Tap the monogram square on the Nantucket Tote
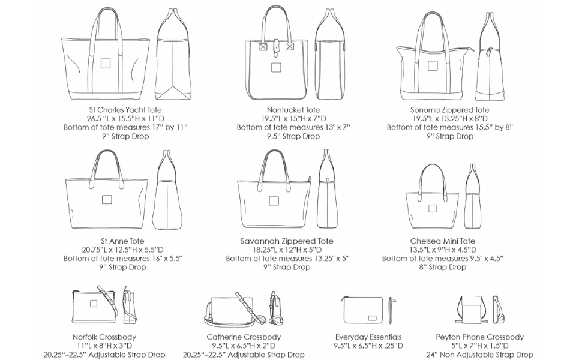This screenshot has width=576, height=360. coord(276,67)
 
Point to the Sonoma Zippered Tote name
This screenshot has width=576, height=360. coord(449,110)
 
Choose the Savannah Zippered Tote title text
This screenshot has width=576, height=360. coord(287,241)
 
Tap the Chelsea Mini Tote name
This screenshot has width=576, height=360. coord(442,241)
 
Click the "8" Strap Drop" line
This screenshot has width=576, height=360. coord(442,268)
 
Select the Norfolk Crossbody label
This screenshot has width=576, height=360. coord(104,337)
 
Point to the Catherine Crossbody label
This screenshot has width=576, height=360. coord(244,337)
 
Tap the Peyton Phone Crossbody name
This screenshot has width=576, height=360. coord(479,337)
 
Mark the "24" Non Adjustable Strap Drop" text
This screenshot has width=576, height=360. coord(479,355)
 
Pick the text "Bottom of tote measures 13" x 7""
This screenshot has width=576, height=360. coord(293,127)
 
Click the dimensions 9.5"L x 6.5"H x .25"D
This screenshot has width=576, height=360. coord(368,346)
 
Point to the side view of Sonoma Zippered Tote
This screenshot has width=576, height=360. coord(491,63)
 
